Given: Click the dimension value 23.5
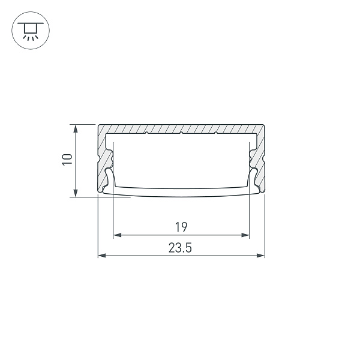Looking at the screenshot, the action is coord(180,248).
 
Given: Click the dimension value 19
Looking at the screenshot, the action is coord(181,227).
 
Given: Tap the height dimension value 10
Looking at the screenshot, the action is coord(67,160).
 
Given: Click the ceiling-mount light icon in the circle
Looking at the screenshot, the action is coord(31,31).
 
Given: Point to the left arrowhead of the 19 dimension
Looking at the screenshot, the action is coord(118,235).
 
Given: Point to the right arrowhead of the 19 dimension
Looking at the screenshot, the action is coord(245,235).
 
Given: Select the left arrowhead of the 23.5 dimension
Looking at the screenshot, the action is coord(102,256).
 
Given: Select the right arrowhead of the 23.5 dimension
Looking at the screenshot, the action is coord(261,256).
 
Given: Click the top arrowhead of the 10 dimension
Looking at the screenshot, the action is coord(76,128).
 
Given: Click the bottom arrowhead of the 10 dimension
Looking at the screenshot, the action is coord(76,193).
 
